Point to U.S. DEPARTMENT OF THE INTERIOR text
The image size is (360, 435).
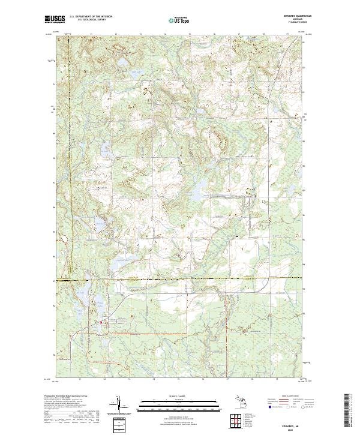[91, 17]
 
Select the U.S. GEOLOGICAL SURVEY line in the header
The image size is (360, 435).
[91, 20]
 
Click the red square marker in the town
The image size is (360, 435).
[101, 323]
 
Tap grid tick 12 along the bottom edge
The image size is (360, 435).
[104, 379]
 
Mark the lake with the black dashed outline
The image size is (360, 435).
[97, 224]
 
